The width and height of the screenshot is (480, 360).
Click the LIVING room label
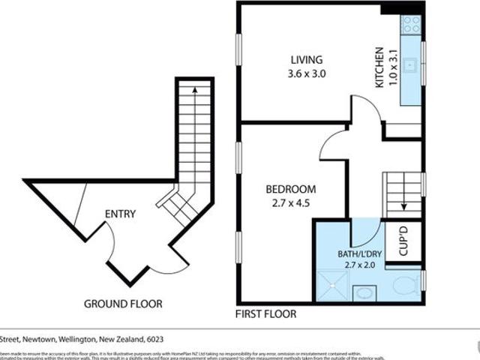pyautogui.click(x=307, y=60)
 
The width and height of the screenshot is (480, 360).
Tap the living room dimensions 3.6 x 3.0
pyautogui.click(x=307, y=73)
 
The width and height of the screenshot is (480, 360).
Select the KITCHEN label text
pyautogui.click(x=379, y=68)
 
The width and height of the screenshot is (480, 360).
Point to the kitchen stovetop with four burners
pyautogui.click(x=410, y=25)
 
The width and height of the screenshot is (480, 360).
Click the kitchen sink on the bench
pyautogui.click(x=410, y=65)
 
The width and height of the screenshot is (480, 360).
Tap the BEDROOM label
pyautogui.click(x=291, y=189)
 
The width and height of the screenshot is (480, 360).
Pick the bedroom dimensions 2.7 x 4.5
pyautogui.click(x=291, y=202)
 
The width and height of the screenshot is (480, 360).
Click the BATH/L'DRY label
pyautogui.click(x=359, y=253)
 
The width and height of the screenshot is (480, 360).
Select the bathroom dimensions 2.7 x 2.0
pyautogui.click(x=359, y=265)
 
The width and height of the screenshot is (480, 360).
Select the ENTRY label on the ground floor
pyautogui.click(x=120, y=214)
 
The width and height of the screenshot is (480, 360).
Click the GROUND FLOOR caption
pyautogui.click(x=123, y=304)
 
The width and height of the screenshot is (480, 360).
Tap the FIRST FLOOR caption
pyautogui.click(x=265, y=313)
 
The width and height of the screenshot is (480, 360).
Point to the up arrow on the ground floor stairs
pyautogui.click(x=195, y=91)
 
